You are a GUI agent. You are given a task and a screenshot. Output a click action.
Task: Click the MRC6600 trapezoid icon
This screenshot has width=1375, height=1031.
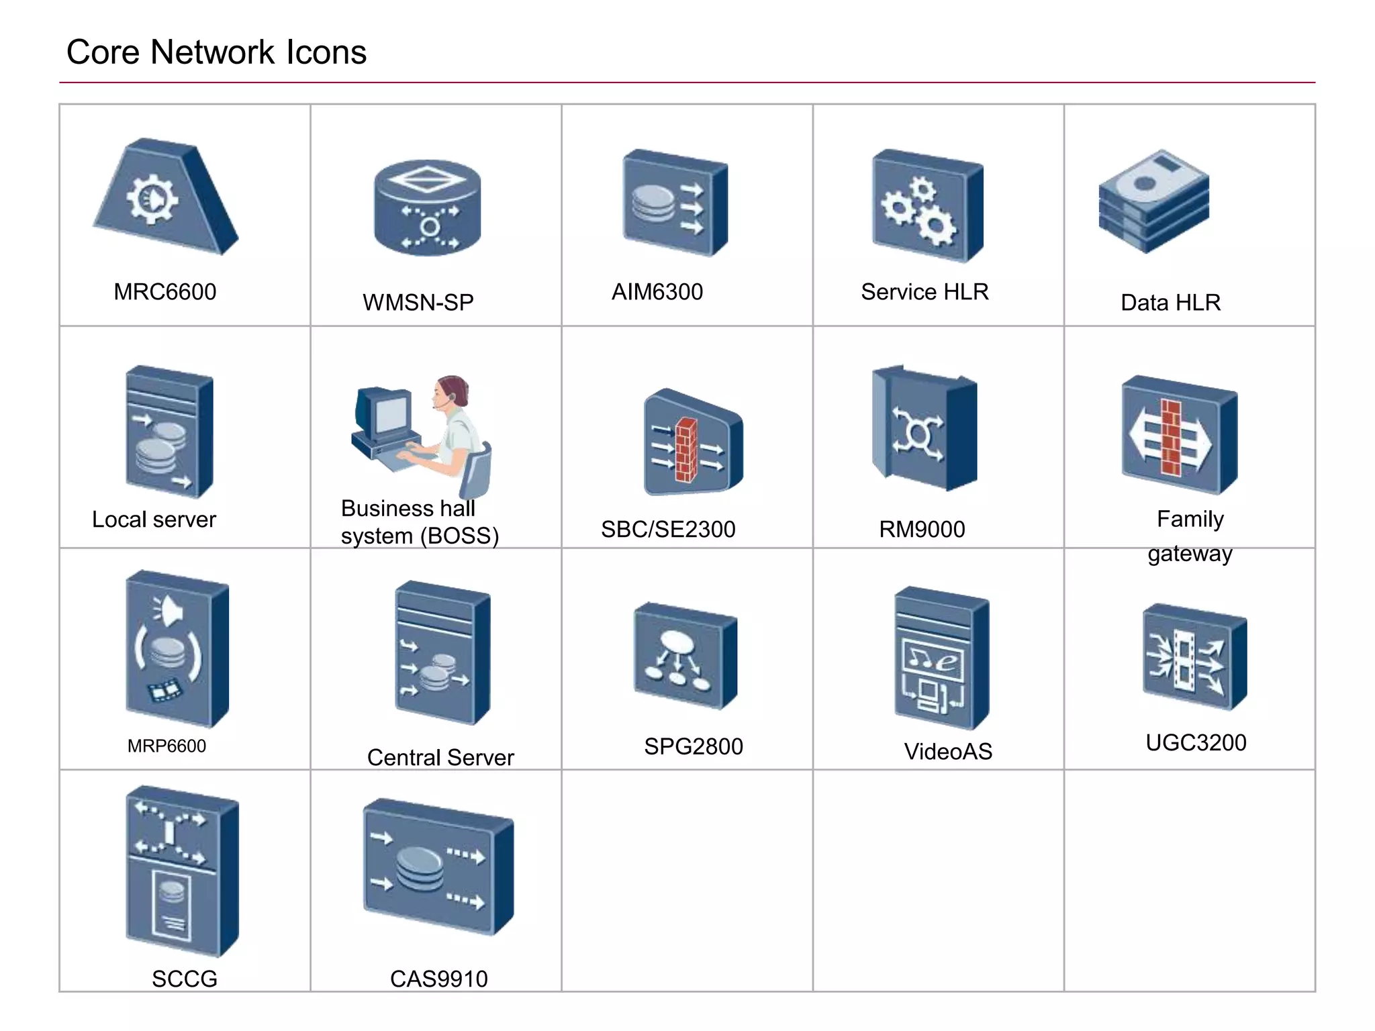(x=164, y=198)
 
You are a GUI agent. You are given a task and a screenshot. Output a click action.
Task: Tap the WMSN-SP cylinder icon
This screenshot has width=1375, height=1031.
(x=427, y=208)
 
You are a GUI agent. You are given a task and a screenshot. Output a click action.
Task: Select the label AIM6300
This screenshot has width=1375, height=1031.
(x=657, y=292)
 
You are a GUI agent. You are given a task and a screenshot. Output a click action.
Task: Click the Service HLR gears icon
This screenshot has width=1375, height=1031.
(x=927, y=205)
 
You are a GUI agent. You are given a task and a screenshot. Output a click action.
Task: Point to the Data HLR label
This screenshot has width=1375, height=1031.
(x=1170, y=303)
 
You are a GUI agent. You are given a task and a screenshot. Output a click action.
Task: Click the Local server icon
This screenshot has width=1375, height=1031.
(x=169, y=432)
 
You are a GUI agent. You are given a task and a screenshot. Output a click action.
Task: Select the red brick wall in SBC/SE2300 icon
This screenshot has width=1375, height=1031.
(x=686, y=449)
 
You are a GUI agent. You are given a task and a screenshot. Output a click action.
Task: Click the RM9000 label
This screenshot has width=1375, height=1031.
(x=921, y=530)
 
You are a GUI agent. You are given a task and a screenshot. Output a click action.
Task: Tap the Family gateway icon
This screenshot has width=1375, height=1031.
(x=1178, y=435)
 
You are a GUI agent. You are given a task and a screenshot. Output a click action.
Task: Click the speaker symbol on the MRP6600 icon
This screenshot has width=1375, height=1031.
(x=168, y=611)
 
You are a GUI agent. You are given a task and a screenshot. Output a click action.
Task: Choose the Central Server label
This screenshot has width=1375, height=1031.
(x=440, y=758)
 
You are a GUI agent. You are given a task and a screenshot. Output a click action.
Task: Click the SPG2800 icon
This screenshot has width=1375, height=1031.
(x=685, y=656)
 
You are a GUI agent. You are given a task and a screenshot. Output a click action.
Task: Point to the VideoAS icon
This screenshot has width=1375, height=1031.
(x=941, y=658)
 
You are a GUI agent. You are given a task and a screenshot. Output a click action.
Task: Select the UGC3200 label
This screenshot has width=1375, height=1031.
(x=1195, y=742)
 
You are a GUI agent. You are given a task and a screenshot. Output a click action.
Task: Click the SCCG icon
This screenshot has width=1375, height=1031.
(x=181, y=871)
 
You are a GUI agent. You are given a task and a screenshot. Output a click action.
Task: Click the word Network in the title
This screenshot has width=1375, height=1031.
(x=213, y=52)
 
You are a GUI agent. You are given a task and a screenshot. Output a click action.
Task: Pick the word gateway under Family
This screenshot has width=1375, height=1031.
(x=1189, y=554)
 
